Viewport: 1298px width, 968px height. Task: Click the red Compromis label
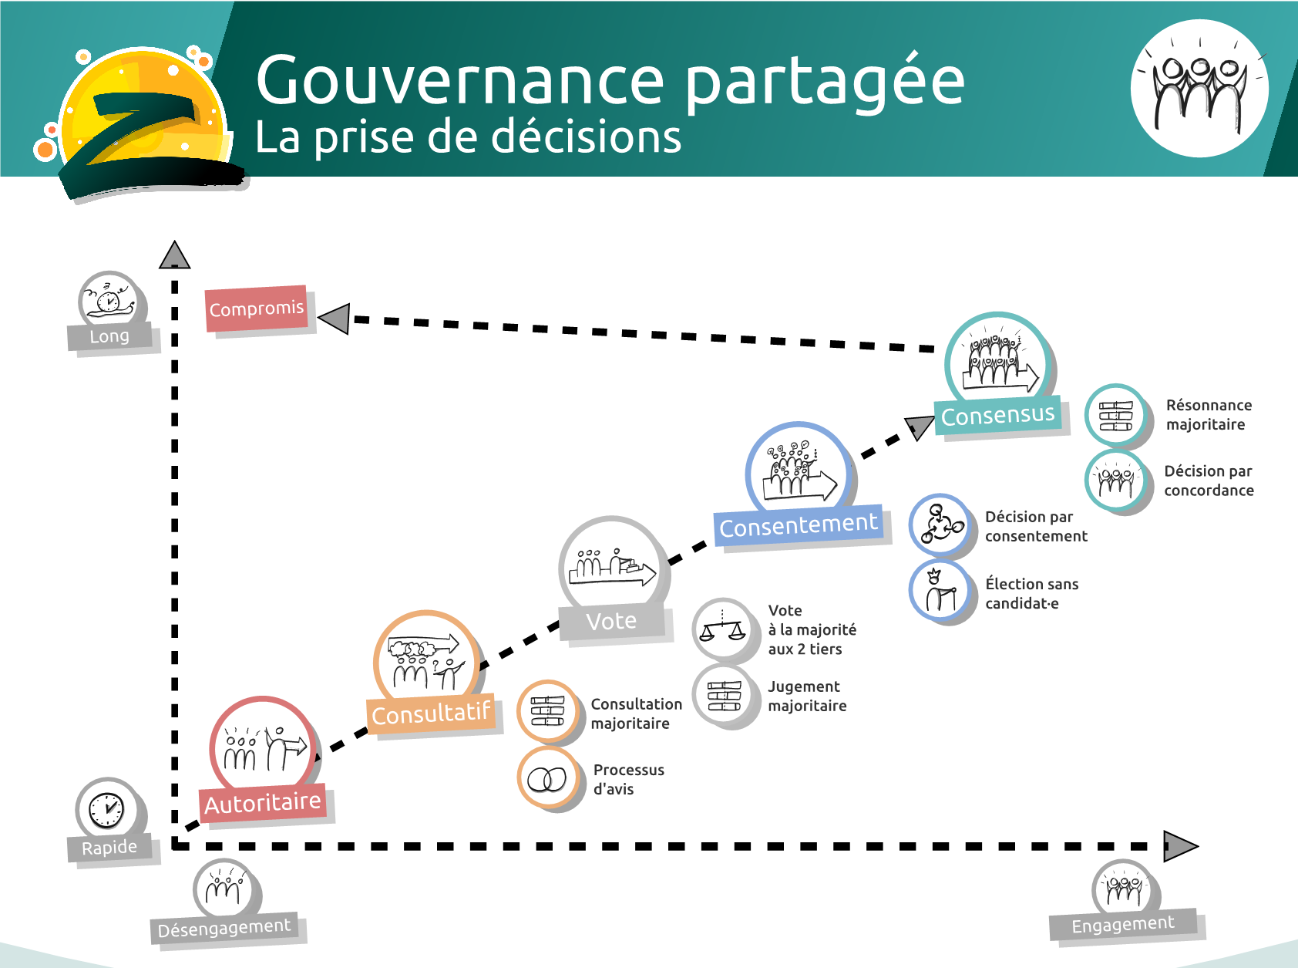tap(257, 309)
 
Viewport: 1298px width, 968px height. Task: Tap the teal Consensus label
tap(997, 416)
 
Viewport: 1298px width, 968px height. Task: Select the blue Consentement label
tap(798, 526)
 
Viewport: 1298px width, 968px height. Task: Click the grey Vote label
tap(611, 621)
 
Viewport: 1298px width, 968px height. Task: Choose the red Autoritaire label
tap(262, 804)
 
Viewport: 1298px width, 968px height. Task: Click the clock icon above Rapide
tap(106, 810)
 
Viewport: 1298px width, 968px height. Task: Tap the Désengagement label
tap(224, 928)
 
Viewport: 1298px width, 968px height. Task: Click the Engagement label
tap(1123, 924)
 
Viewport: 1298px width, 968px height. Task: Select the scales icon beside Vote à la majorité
tap(722, 630)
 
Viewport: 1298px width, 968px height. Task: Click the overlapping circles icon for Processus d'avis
tap(547, 779)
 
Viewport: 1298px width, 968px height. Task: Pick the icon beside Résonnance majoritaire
tap(1115, 415)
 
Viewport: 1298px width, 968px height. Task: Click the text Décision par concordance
tap(1208, 481)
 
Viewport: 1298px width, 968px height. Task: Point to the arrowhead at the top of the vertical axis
tap(175, 255)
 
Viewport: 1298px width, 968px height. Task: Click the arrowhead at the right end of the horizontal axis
tap(1179, 846)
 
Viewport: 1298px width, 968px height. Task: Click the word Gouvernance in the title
tap(460, 80)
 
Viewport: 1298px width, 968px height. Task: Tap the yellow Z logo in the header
tap(143, 123)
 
